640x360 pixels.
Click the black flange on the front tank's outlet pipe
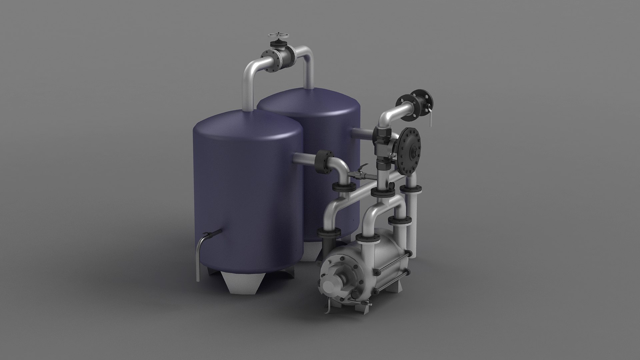click(x=323, y=162)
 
